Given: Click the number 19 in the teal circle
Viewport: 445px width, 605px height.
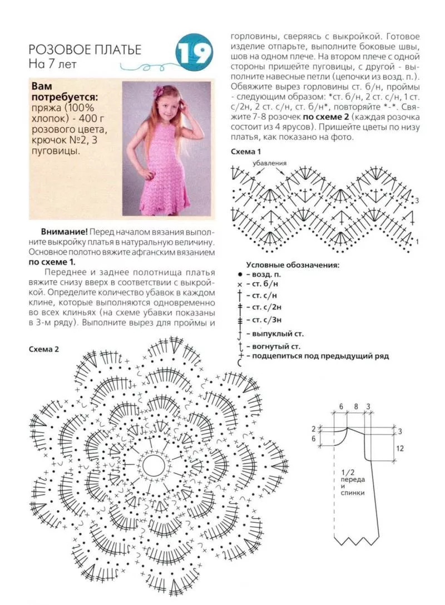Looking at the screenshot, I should pos(195,53).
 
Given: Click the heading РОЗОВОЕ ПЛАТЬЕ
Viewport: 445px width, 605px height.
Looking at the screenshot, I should pos(85,49).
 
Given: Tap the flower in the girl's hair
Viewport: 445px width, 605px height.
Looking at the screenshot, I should pos(161,91).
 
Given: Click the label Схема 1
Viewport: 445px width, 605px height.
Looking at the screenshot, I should pos(245,151).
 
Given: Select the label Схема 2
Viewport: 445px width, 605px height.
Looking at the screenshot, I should pos(43,349).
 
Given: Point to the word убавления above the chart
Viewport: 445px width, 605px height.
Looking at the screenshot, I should pos(269,163).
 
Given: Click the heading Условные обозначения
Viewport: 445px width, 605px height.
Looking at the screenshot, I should pos(293,266).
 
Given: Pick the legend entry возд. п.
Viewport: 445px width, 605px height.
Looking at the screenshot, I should pos(268,274).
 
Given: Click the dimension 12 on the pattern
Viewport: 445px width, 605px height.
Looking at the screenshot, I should pos(400,448).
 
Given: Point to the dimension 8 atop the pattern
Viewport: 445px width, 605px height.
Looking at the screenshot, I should pos(355,407).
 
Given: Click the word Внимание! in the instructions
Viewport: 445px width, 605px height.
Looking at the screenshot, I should pos(64,231).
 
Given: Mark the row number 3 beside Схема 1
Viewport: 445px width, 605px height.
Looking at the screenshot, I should pos(417,200).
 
